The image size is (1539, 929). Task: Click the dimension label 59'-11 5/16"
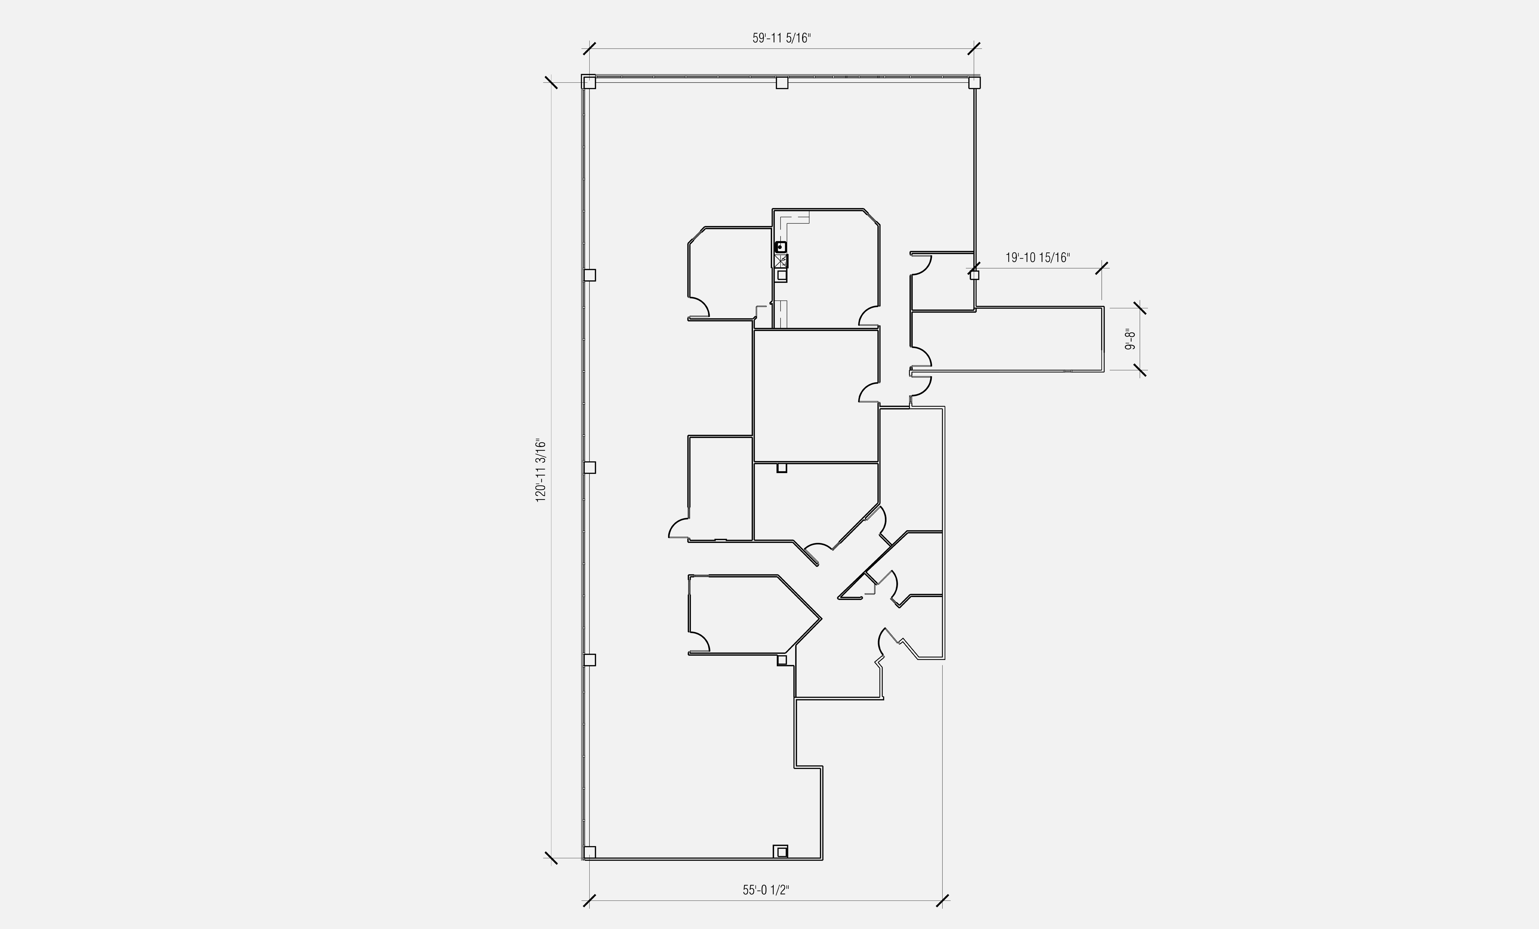coord(781,38)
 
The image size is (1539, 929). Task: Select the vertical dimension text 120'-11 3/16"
coord(541,471)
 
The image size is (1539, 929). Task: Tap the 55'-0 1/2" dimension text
coord(766,890)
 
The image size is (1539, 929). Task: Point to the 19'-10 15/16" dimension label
coord(1037,258)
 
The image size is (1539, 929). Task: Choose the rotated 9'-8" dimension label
coord(1130,339)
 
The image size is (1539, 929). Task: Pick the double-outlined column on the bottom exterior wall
coord(780,851)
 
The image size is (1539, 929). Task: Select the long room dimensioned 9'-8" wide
coord(1006,340)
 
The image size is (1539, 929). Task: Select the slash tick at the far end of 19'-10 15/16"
coord(1102,269)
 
